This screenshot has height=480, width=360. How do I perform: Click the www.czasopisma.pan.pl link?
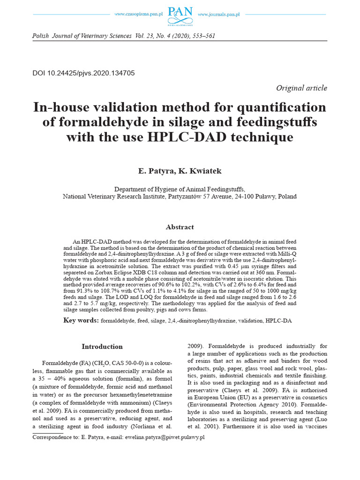coord(138,15)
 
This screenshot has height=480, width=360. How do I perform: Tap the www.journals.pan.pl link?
coord(218,15)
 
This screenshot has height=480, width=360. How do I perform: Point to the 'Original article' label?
coord(301,88)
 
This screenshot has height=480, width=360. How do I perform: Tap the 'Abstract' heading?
coord(180,227)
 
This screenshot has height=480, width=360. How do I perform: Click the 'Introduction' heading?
coord(102,347)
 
